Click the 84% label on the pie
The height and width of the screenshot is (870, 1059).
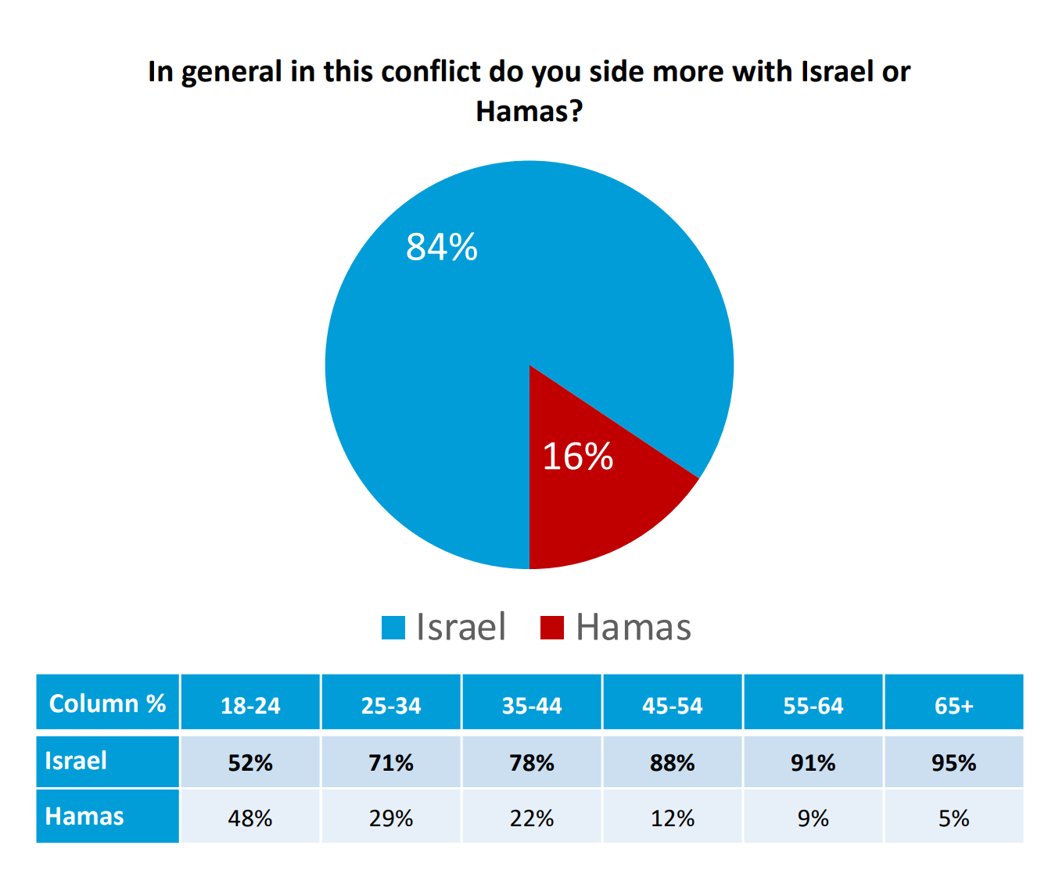(441, 247)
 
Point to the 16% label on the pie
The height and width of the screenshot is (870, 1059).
(577, 456)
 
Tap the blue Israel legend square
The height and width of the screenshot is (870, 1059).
(393, 628)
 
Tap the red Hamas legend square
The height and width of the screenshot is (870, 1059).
(552, 628)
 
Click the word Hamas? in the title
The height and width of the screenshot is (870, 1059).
(529, 111)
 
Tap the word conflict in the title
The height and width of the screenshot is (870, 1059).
(430, 71)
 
